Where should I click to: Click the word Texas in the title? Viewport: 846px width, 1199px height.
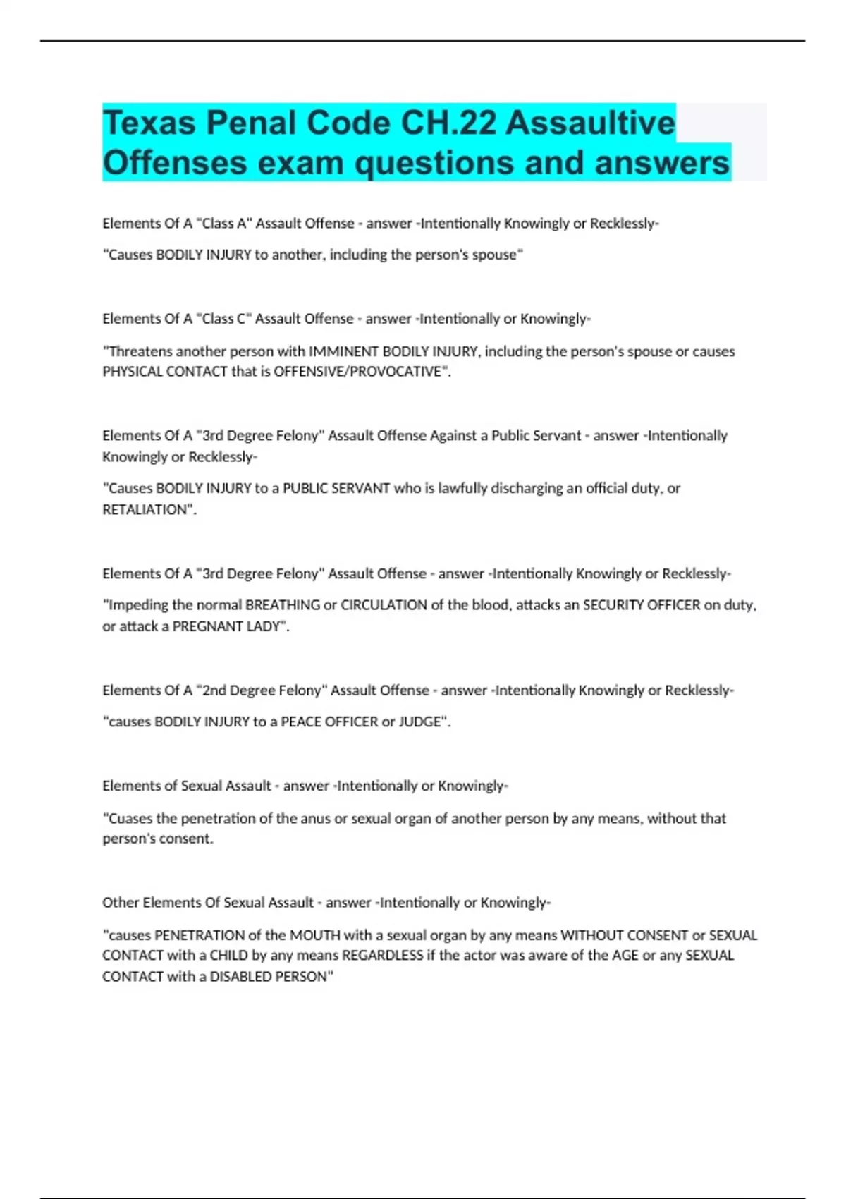(x=149, y=123)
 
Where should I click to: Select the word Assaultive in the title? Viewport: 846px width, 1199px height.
(x=591, y=123)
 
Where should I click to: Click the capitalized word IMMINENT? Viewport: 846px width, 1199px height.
(x=343, y=351)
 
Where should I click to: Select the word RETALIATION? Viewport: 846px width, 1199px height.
(x=148, y=509)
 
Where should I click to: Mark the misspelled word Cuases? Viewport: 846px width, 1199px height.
(x=129, y=819)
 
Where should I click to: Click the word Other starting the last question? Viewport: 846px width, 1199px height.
(x=121, y=903)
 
